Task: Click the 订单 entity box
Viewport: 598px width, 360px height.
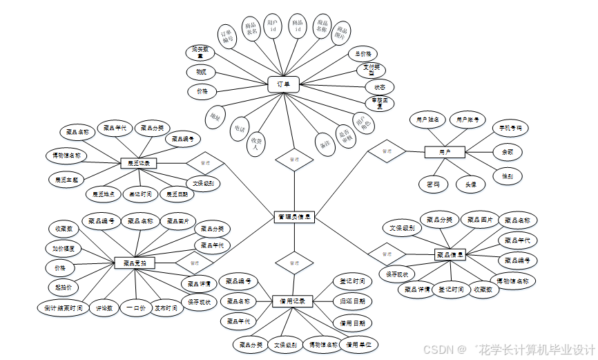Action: point(283,84)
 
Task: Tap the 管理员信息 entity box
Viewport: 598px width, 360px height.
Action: point(295,217)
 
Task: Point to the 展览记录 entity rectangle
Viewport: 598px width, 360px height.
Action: point(139,164)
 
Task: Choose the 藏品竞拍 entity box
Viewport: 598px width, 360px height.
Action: point(134,263)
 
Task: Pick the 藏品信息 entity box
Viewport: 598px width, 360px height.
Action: point(450,254)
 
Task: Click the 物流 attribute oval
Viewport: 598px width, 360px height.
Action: point(201,72)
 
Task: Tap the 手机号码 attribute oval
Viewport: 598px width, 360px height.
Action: point(510,128)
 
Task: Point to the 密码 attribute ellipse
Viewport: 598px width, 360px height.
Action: point(433,184)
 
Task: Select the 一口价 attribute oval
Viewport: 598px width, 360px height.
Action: point(135,308)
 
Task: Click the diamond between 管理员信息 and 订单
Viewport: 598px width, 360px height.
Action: point(294,159)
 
